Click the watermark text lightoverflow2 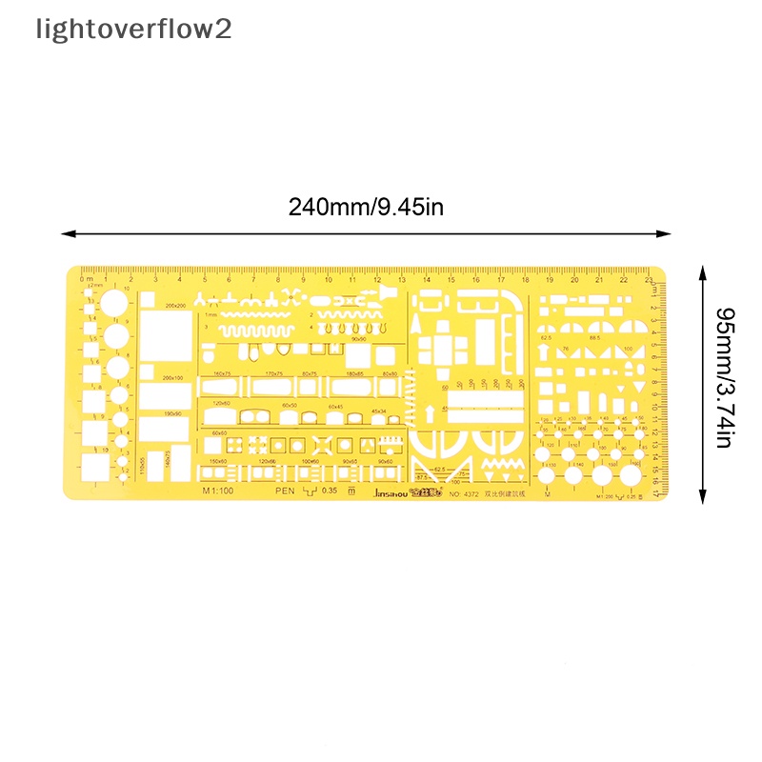click(x=133, y=30)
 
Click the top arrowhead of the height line click(x=702, y=271)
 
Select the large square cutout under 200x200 click(x=165, y=334)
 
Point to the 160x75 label click(x=225, y=374)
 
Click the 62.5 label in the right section click(x=546, y=337)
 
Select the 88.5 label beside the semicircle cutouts click(x=595, y=337)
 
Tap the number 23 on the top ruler click(x=648, y=280)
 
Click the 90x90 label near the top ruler click(x=358, y=338)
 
